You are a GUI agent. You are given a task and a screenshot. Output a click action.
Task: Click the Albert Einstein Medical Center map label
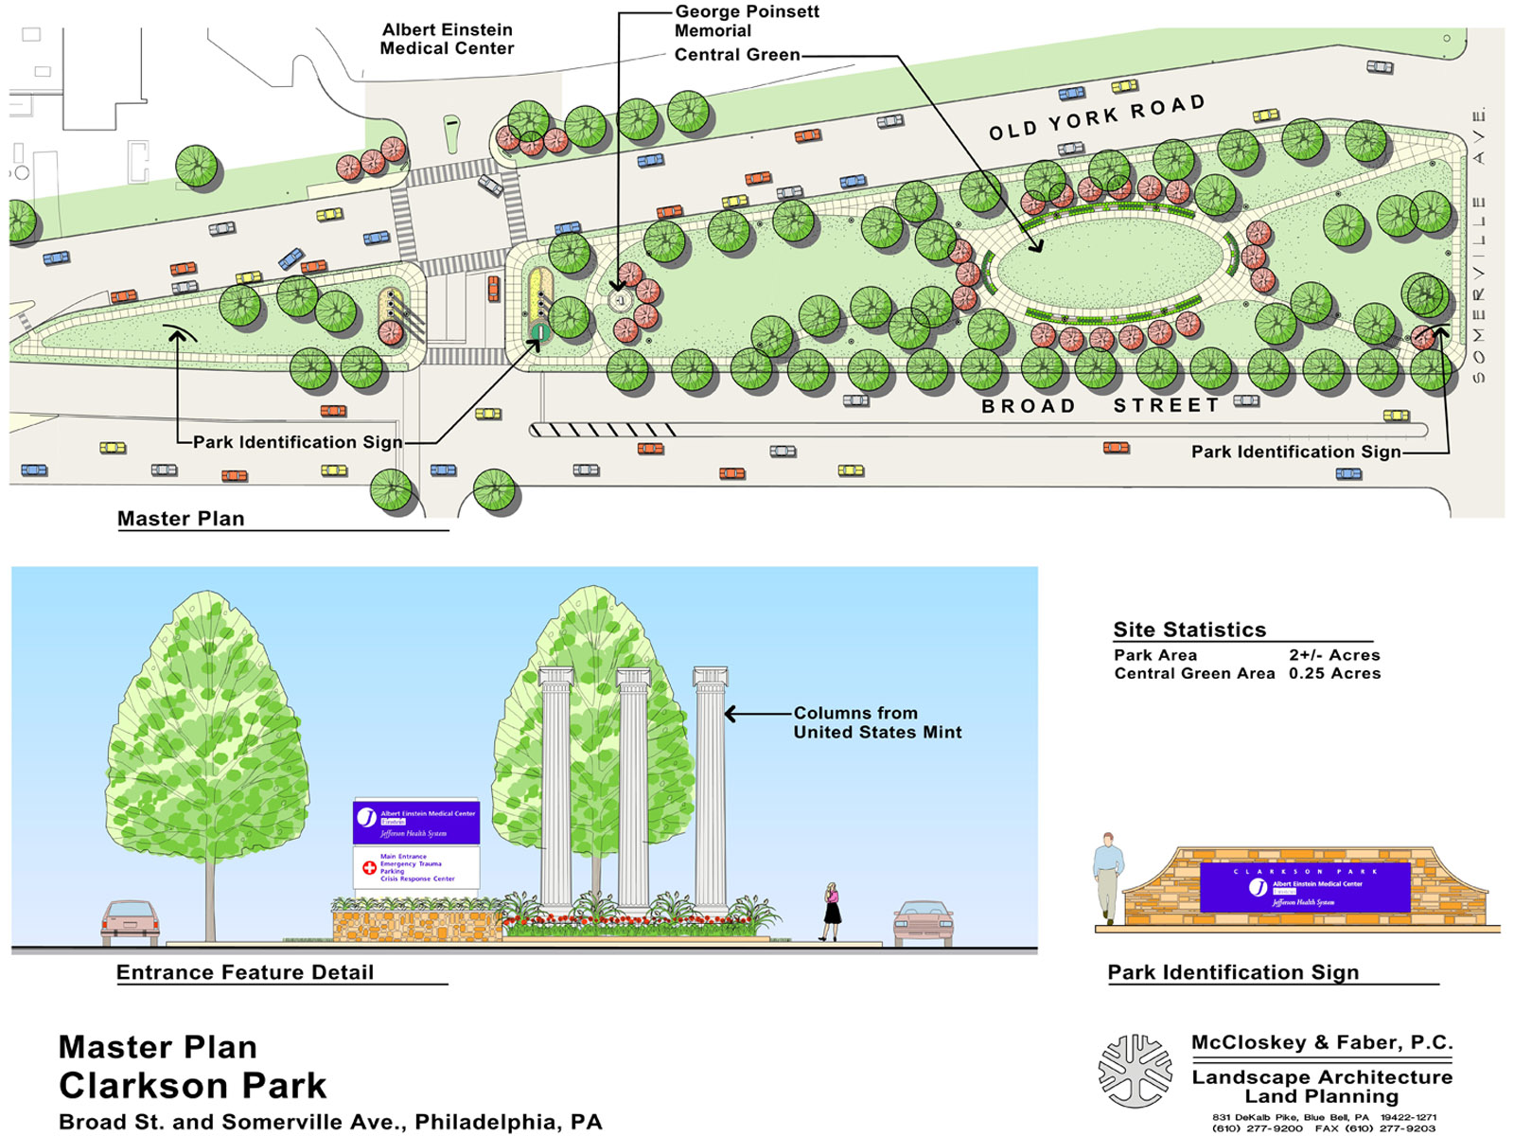coord(447,39)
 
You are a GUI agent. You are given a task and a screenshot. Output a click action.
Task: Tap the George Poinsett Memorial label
coord(746,21)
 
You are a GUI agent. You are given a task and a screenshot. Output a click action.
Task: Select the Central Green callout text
coord(736,55)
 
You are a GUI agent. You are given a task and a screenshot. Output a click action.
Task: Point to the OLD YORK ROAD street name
coord(1097,117)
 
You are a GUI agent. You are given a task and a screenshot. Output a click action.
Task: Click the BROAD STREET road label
coord(1100,406)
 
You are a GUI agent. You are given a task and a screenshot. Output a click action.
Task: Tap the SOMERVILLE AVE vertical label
coord(1479,246)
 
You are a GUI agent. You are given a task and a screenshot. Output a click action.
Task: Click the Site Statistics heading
coord(1188,630)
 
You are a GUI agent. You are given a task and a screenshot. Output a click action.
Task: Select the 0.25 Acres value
coord(1334,674)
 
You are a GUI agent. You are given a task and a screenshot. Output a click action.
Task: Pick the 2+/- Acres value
coord(1334,655)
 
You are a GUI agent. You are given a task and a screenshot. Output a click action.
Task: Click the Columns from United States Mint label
coord(876,722)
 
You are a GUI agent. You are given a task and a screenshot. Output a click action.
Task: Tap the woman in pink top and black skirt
coord(832,910)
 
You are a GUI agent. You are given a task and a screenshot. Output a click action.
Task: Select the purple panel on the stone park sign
coord(1304,887)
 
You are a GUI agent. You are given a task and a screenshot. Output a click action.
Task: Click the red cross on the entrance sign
coord(369,867)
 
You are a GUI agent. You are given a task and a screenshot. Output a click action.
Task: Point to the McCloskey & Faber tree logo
coord(1135,1071)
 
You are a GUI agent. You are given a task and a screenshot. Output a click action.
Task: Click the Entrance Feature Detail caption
coord(244,972)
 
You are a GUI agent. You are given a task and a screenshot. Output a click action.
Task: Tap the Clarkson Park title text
coord(192,1085)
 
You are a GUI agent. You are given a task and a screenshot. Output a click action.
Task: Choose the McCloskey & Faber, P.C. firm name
coord(1321,1042)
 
